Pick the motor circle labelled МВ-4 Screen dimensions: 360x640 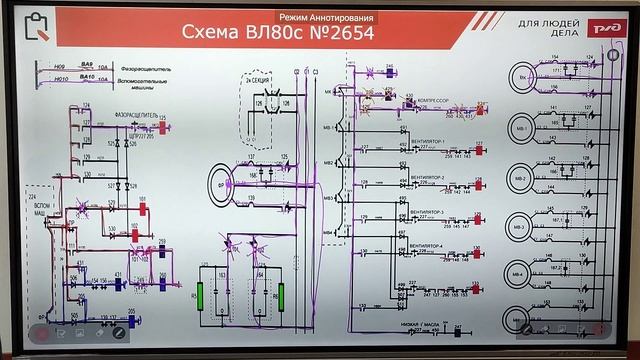[x=518, y=273]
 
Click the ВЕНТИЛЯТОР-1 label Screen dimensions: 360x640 [x=427, y=143]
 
